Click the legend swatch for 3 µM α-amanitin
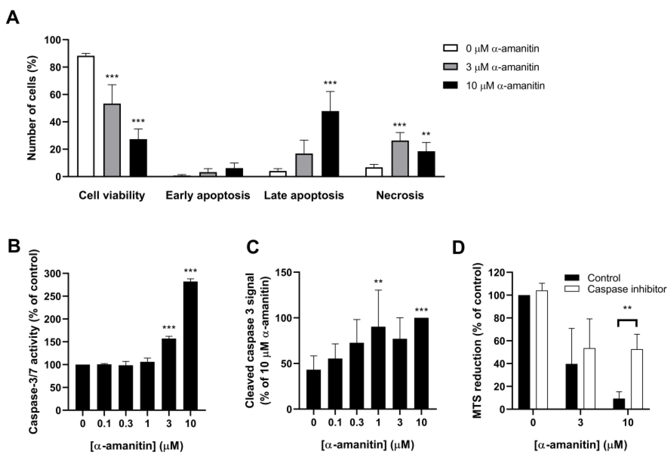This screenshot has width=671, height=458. [450, 67]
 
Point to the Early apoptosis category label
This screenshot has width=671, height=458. [208, 196]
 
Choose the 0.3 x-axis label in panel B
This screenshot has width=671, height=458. [126, 424]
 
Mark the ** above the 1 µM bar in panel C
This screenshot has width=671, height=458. [378, 282]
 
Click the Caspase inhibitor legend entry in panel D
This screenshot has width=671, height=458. [627, 289]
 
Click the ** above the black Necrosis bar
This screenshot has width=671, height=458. [426, 134]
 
